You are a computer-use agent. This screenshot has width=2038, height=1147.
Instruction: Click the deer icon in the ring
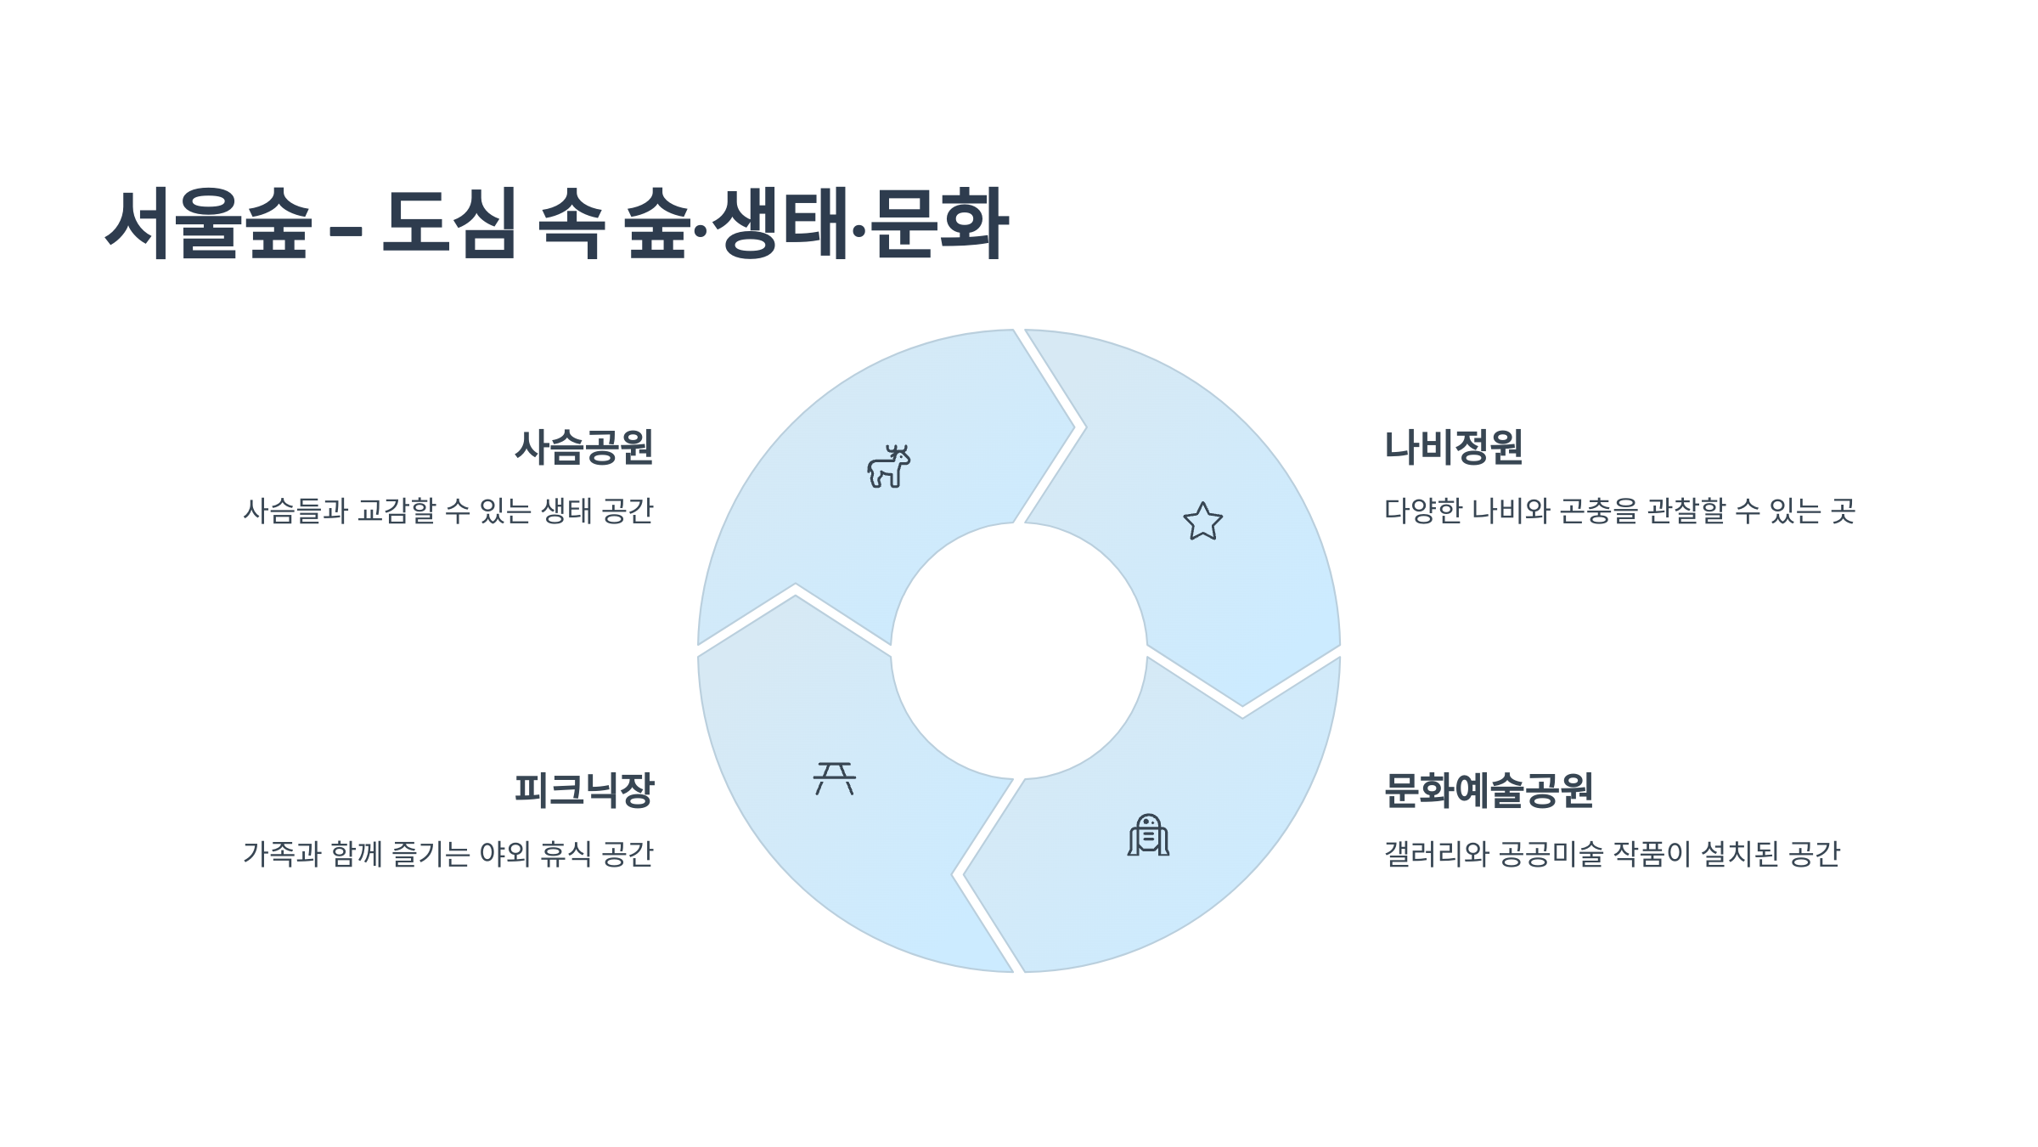(x=888, y=466)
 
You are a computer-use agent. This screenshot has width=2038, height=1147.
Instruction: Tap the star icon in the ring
(x=1203, y=521)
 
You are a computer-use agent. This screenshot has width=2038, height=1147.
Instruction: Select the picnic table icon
(x=835, y=778)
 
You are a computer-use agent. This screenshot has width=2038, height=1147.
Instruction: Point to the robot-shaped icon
(x=1148, y=835)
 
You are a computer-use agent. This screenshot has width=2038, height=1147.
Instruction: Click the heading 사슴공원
(x=584, y=448)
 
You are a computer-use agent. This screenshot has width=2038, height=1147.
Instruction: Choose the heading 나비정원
(x=1454, y=448)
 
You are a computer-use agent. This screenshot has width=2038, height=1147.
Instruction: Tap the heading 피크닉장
(x=584, y=790)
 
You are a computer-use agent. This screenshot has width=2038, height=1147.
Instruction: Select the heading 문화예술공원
(x=1489, y=790)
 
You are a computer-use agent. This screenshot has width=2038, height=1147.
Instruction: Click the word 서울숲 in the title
(x=208, y=223)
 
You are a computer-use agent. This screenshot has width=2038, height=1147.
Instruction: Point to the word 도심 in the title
(x=449, y=223)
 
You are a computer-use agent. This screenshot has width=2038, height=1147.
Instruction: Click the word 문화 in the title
(x=938, y=223)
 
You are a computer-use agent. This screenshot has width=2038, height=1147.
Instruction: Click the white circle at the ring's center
(x=1019, y=651)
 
